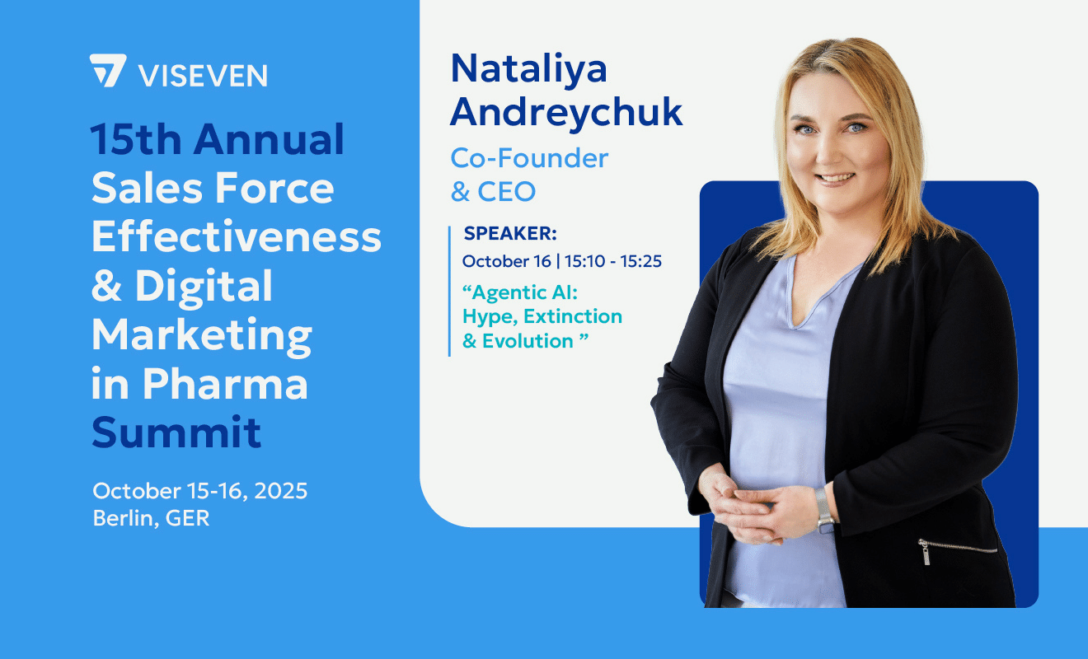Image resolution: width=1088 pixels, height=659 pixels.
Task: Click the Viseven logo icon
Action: click(108, 71)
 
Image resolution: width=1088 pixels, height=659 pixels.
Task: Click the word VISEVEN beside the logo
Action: click(203, 75)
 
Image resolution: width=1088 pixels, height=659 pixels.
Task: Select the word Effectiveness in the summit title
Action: click(237, 237)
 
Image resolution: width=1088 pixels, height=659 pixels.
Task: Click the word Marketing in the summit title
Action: click(202, 336)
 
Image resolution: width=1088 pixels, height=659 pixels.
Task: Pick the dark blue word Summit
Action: click(176, 432)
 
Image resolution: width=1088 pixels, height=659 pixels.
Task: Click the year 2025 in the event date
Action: click(279, 492)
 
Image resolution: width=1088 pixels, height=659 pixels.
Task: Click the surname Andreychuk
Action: click(566, 113)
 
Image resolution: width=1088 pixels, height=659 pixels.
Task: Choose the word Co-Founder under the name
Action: click(529, 157)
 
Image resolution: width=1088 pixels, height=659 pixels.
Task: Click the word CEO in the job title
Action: click(507, 192)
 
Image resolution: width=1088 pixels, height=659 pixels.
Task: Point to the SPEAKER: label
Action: click(510, 234)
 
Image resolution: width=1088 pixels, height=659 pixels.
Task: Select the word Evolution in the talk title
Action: click(528, 341)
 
